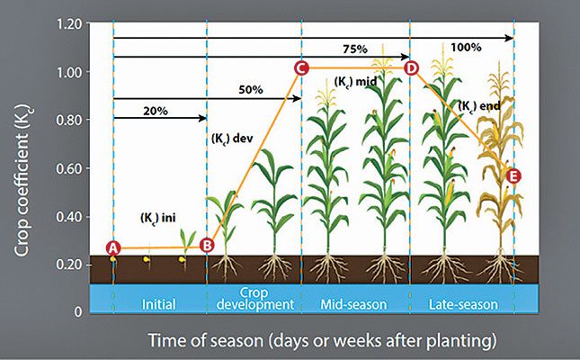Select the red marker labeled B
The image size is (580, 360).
pos(207,244)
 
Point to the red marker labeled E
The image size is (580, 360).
pos(513,175)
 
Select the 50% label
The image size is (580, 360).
pos(251,90)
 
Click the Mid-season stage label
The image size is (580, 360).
pos(353,305)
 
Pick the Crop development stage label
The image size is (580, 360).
pos(255,299)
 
